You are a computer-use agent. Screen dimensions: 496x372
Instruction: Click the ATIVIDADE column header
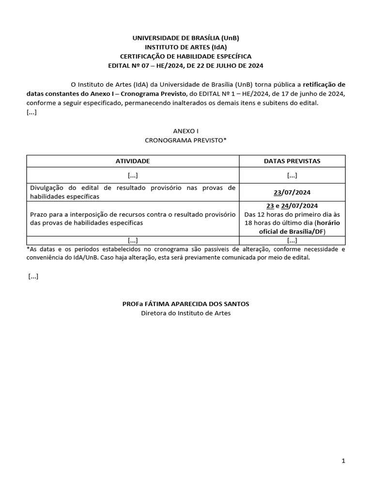(x=132, y=161)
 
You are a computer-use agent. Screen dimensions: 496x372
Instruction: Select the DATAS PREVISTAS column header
(x=292, y=161)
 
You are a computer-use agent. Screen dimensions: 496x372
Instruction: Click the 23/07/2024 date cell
(x=292, y=192)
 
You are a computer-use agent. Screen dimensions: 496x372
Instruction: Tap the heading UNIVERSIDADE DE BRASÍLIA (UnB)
(x=186, y=38)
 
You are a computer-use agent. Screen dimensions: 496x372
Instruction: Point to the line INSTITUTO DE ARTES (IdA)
(x=186, y=47)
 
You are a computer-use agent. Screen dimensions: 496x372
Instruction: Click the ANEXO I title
(x=186, y=131)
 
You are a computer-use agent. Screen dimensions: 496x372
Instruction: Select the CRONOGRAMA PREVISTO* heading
(x=186, y=140)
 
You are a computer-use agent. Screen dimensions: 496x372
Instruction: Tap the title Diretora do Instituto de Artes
(x=186, y=313)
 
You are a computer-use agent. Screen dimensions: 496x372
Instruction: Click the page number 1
(x=343, y=461)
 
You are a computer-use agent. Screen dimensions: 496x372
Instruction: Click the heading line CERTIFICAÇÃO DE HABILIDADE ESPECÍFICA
(x=186, y=56)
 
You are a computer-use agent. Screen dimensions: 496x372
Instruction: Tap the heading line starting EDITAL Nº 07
(x=186, y=65)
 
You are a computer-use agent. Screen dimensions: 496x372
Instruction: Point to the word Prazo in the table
(x=38, y=214)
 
